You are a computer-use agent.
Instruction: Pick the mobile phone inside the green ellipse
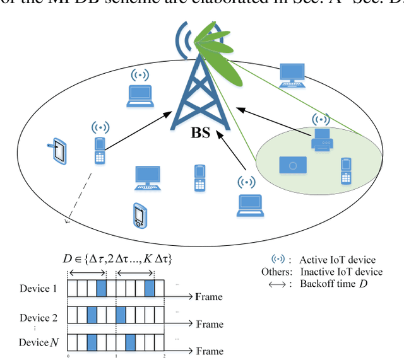coord(345,171)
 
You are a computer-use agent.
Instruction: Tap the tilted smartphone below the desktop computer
coord(139,216)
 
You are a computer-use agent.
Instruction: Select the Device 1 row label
coord(39,289)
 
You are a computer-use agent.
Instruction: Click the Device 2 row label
coord(39,317)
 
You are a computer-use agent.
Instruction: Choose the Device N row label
coord(39,342)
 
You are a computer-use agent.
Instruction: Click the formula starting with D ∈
coord(117,258)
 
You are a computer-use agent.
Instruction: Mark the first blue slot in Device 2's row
coord(92,315)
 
